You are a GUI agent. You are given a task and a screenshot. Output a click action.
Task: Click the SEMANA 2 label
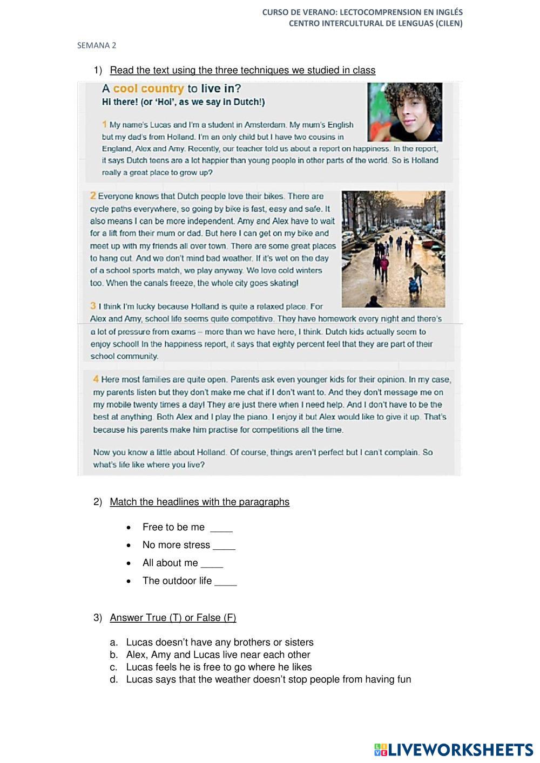tap(97, 45)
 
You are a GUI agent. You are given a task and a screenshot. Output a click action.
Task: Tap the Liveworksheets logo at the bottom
tap(453, 749)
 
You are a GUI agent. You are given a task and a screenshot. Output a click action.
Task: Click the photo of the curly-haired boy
tap(405, 112)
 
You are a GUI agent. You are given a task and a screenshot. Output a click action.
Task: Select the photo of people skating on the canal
tap(393, 249)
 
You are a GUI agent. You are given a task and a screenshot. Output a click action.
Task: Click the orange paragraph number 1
tap(105, 124)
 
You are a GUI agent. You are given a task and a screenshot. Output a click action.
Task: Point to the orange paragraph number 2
tap(93, 195)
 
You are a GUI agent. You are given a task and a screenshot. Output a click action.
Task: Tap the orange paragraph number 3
tap(93, 306)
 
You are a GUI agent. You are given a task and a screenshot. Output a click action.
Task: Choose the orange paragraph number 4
tap(96, 379)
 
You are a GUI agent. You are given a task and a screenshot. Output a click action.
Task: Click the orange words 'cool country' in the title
tap(148, 88)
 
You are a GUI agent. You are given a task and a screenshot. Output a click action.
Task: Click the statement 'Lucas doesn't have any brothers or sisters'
tap(220, 642)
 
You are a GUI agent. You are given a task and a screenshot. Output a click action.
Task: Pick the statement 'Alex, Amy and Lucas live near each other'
tap(218, 655)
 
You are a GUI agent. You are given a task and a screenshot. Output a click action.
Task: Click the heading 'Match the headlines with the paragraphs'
tap(199, 502)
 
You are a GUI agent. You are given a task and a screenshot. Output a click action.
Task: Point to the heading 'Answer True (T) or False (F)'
tap(173, 617)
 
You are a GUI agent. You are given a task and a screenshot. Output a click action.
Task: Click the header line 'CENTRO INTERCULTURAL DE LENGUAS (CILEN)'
tap(375, 23)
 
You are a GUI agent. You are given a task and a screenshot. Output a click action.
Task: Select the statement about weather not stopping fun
tap(268, 679)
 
